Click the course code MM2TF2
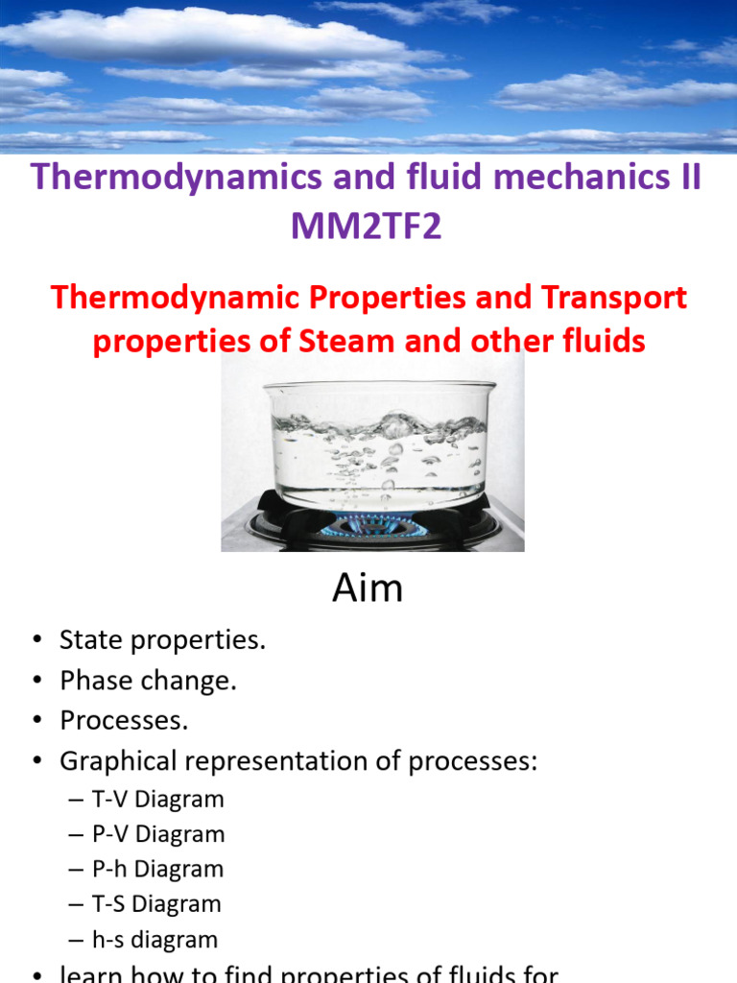[368, 228]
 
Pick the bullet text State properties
[162, 640]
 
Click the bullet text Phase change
[148, 681]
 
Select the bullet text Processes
[125, 721]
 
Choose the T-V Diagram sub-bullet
[158, 799]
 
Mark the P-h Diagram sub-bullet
[158, 869]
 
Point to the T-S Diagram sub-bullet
[157, 903]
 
